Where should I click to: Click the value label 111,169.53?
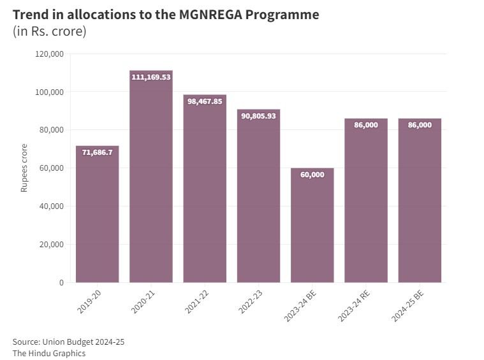[151, 77]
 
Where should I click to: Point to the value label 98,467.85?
[205, 101]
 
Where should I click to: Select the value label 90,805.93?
[258, 116]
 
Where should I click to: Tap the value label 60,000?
[312, 175]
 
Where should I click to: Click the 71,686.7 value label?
[97, 152]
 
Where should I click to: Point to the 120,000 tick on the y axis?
[48, 54]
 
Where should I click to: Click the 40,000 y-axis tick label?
[50, 206]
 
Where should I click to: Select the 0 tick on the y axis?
[61, 282]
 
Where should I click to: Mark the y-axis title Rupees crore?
[24, 168]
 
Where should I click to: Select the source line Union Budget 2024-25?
[68, 342]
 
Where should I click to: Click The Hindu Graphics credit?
[48, 353]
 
